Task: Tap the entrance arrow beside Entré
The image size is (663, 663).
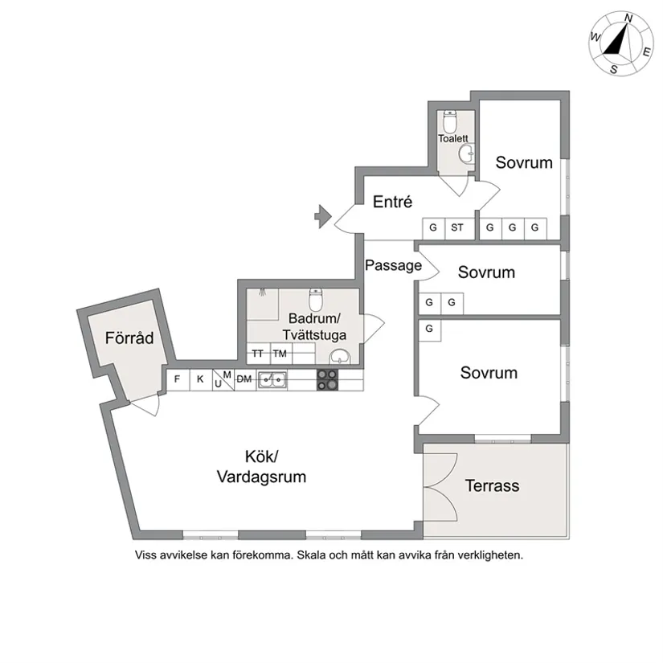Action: [x=321, y=215]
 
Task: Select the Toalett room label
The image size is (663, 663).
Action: [x=452, y=138]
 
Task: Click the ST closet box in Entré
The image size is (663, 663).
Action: [x=457, y=228]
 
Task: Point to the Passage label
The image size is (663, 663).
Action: [x=393, y=265]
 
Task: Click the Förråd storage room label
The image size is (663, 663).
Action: [x=129, y=338]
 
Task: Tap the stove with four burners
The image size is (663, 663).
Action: [x=327, y=379]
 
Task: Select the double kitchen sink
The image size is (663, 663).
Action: [x=272, y=380]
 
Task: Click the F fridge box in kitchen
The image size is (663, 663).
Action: [x=177, y=379]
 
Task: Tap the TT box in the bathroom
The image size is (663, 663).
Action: [x=257, y=353]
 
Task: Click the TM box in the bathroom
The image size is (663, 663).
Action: [x=280, y=353]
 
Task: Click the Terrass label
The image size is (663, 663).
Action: [x=492, y=485]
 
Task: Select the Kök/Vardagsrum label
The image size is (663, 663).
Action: [x=261, y=467]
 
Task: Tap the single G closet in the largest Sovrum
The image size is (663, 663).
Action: [x=430, y=329]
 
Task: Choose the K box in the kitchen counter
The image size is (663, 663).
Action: [x=200, y=379]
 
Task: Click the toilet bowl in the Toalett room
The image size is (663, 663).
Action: [x=450, y=124]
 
